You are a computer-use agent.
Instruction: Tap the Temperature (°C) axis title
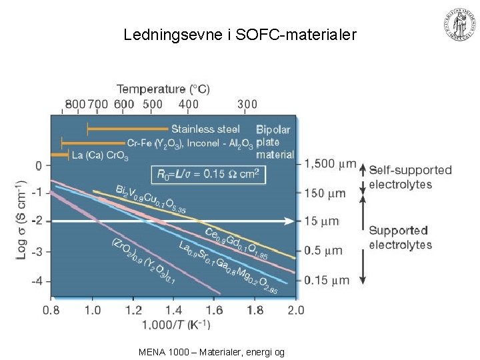tap(163, 89)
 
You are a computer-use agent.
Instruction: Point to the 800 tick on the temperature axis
tap(76, 104)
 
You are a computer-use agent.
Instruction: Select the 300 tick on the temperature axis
tap(247, 104)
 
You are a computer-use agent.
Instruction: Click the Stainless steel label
tap(205, 129)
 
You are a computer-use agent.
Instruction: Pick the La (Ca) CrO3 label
tap(100, 155)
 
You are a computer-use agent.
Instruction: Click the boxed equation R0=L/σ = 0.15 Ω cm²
tap(209, 175)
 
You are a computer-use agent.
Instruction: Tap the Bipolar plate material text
tap(275, 141)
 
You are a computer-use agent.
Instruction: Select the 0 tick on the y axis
tap(39, 165)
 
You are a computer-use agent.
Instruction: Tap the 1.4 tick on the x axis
tap(174, 310)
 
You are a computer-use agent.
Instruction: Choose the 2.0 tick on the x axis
tap(295, 310)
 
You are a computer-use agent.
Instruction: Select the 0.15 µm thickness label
tap(327, 281)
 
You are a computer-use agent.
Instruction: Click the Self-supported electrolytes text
tap(410, 177)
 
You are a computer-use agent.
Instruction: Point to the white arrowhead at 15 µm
tap(291, 221)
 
